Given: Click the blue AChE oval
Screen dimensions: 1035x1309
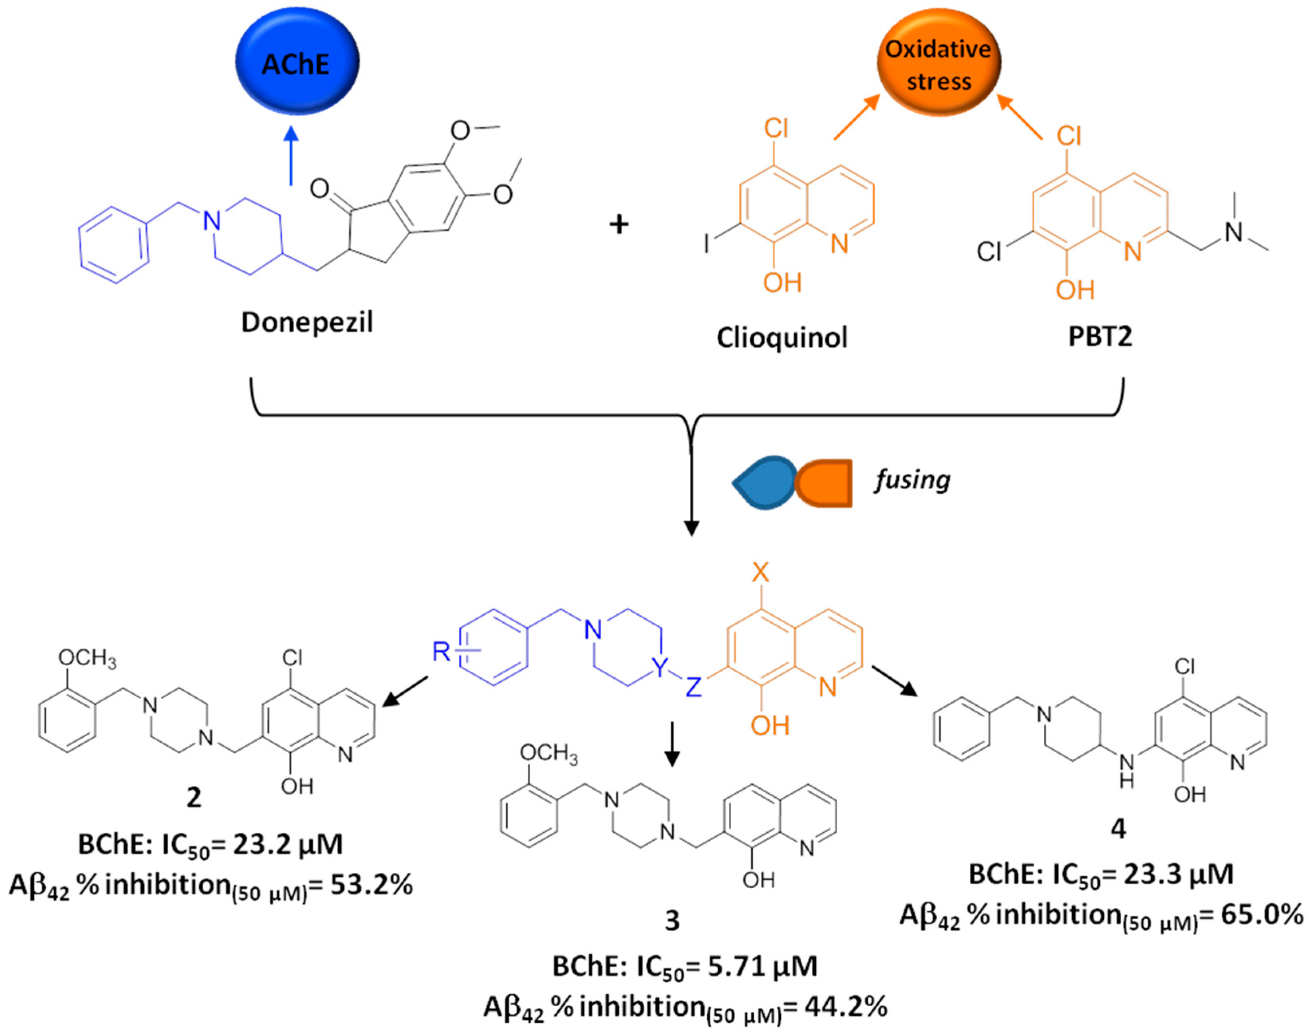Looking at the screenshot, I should pyautogui.click(x=297, y=62).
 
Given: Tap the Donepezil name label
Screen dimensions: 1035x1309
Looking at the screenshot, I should pyautogui.click(x=307, y=322).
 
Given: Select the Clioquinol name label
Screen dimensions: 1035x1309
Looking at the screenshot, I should pyautogui.click(x=781, y=337).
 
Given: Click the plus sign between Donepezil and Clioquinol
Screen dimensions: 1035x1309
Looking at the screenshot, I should pyautogui.click(x=618, y=225).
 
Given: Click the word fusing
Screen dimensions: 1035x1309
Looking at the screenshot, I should pyautogui.click(x=911, y=480).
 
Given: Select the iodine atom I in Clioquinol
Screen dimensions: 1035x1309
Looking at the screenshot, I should pyautogui.click(x=706, y=244).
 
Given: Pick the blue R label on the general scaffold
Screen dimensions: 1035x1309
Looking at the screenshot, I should pyautogui.click(x=441, y=652).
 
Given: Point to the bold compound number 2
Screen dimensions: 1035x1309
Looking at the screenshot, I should pyautogui.click(x=193, y=797).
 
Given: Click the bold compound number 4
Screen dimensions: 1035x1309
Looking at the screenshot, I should pyautogui.click(x=1118, y=828).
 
